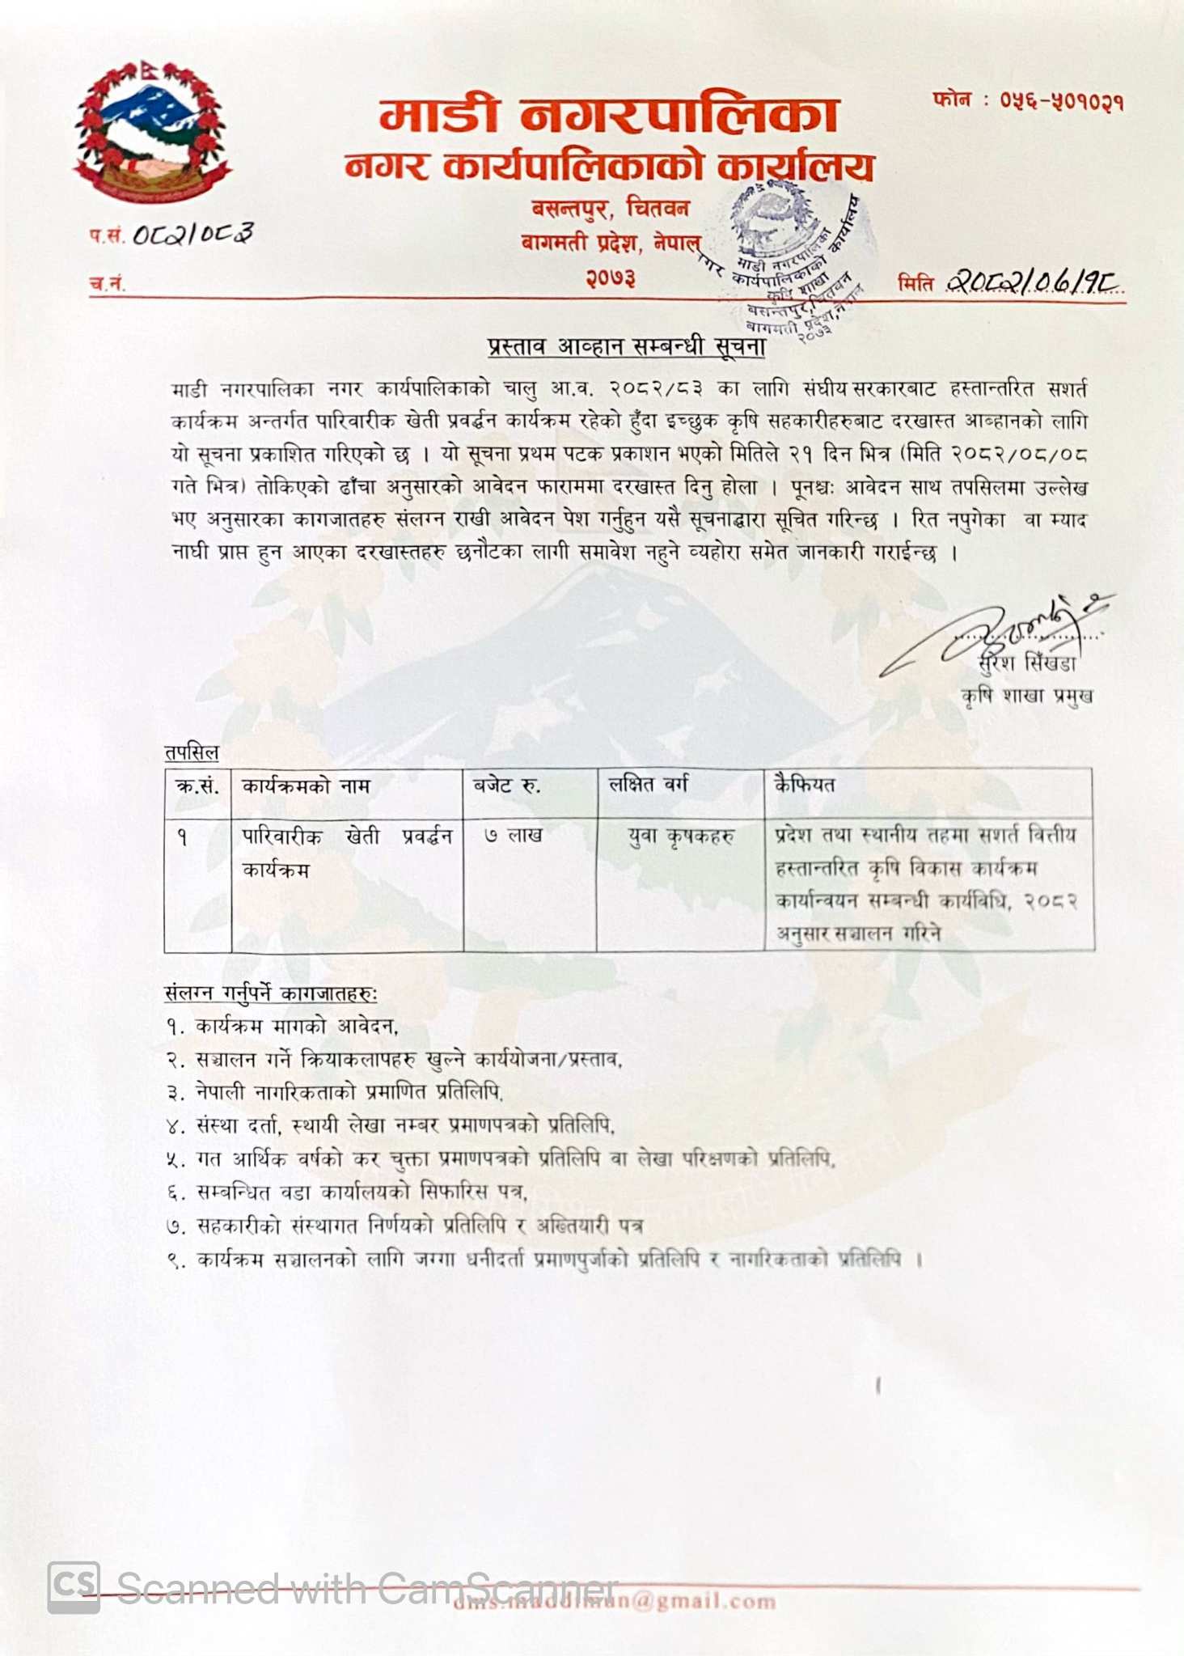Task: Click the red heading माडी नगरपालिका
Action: [x=608, y=116]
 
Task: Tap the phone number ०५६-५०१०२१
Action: [x=1061, y=101]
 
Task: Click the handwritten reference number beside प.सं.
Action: [x=192, y=234]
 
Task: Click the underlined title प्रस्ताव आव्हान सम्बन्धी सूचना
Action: [x=627, y=346]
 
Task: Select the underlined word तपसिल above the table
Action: [x=192, y=752]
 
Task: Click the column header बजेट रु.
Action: [x=507, y=785]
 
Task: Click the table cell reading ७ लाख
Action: [x=514, y=835]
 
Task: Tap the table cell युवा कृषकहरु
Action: [x=681, y=836]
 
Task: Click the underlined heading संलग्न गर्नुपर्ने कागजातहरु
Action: [x=271, y=993]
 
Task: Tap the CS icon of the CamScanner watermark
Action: [x=74, y=1586]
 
